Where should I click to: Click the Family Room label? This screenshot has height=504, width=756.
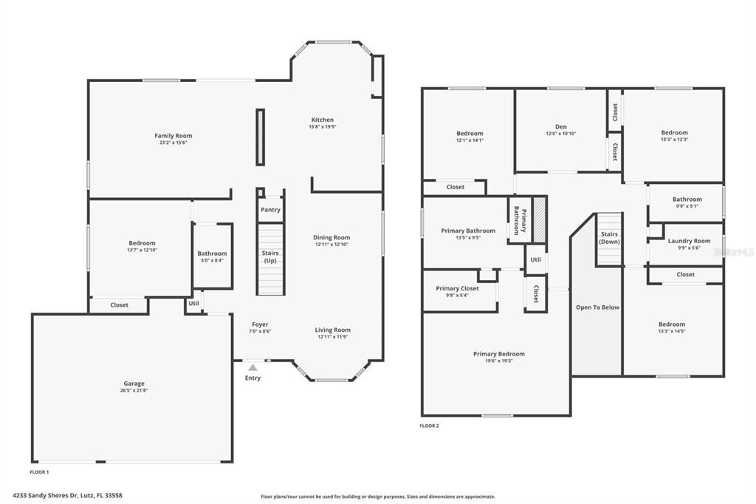pyautogui.click(x=173, y=136)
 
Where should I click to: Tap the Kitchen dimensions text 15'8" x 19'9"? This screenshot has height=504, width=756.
pyautogui.click(x=322, y=127)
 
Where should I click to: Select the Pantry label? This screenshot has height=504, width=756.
pyautogui.click(x=270, y=210)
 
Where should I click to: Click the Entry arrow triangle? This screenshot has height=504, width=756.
pyautogui.click(x=252, y=367)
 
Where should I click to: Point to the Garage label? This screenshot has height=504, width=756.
pyautogui.click(x=134, y=384)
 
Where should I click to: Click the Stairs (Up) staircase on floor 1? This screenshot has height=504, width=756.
pyautogui.click(x=270, y=259)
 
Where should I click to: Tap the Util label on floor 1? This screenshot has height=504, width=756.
pyautogui.click(x=193, y=303)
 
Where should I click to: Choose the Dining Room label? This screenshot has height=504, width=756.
pyautogui.click(x=331, y=237)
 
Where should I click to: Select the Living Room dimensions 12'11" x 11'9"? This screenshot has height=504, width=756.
pyautogui.click(x=333, y=337)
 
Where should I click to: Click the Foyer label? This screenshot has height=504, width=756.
pyautogui.click(x=260, y=324)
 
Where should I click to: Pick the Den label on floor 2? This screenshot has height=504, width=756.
pyautogui.click(x=560, y=126)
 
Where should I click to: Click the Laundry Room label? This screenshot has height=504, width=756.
pyautogui.click(x=689, y=241)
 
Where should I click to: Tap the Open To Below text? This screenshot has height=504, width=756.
pyautogui.click(x=597, y=307)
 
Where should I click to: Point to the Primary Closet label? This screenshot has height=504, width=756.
pyautogui.click(x=457, y=288)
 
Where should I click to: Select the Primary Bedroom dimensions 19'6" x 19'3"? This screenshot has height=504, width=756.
pyautogui.click(x=498, y=361)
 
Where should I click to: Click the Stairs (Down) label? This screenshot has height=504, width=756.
pyautogui.click(x=609, y=238)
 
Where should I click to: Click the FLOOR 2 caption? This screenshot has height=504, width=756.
pyautogui.click(x=429, y=426)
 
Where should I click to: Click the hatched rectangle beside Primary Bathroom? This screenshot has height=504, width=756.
pyautogui.click(x=540, y=219)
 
